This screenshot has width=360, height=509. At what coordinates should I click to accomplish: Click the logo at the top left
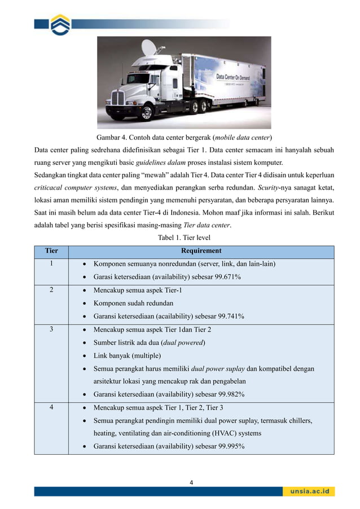click(x=60, y=24)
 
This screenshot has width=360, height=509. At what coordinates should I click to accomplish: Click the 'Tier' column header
click(x=51, y=251)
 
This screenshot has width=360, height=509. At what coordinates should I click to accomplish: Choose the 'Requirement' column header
click(x=201, y=251)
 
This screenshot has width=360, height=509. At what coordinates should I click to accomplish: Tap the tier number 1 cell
click(x=51, y=264)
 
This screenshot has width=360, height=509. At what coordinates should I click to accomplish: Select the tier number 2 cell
click(x=51, y=290)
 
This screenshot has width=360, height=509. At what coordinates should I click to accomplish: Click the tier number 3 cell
click(x=51, y=330)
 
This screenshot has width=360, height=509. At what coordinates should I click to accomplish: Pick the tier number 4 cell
click(x=51, y=408)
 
